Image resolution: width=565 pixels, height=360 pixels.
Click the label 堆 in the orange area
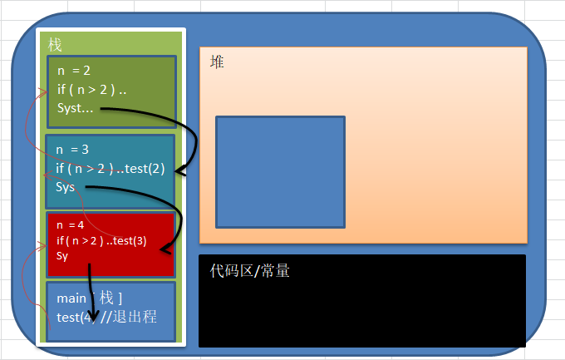[x=218, y=62]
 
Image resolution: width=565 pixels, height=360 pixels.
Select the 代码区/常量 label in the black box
[x=249, y=270]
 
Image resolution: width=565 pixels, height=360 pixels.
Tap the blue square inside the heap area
[x=280, y=171]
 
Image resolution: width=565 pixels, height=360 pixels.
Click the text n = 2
[x=74, y=72]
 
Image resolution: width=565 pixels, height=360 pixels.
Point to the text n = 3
[x=72, y=150]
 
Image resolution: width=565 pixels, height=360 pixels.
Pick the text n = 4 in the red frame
[x=72, y=225]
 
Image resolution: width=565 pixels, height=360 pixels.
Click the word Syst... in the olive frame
[x=76, y=108]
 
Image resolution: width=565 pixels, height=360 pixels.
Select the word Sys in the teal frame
[x=66, y=187]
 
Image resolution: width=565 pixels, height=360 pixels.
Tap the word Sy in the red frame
[x=62, y=256]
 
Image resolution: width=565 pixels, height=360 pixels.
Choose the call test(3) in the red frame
[x=130, y=241]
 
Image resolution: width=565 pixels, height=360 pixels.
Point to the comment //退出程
[x=129, y=317]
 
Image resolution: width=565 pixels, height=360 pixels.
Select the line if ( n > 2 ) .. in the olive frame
[x=91, y=90]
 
